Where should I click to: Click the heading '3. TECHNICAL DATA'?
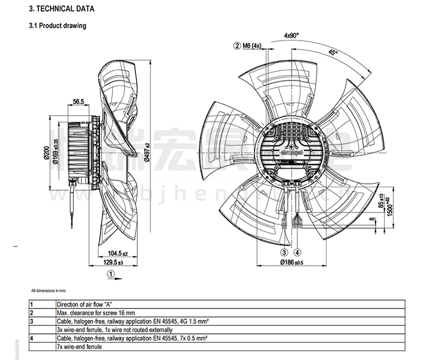[x=61, y=9]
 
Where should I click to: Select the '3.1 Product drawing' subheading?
[x=58, y=26]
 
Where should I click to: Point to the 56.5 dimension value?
[x=79, y=102]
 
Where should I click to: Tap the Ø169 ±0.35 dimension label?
[x=56, y=152]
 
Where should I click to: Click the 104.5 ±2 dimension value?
[x=117, y=254]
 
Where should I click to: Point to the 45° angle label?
[x=333, y=52]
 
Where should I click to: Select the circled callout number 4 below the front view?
[x=297, y=252]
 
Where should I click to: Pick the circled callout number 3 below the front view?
[x=284, y=252]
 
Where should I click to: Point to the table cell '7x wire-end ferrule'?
[x=79, y=347]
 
